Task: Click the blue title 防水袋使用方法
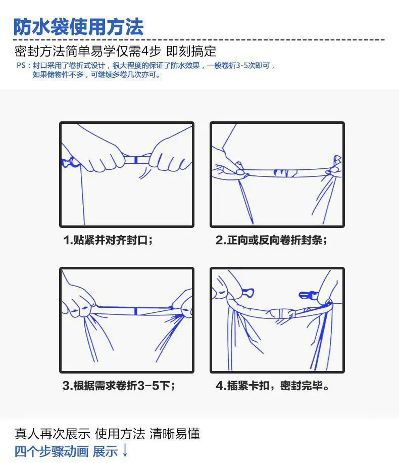pos(78,27)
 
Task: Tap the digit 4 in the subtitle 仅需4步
pos(145,52)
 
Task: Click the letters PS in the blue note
pos(21,65)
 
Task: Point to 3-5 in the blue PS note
pos(242,65)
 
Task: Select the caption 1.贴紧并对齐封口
pos(108,240)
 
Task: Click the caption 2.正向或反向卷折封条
pos(272,240)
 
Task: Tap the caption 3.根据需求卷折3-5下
pos(119,385)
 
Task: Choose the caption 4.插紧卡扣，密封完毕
pos(272,385)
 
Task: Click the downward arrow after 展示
pos(125,450)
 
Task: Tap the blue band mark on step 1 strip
pos(136,160)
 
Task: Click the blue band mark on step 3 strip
pos(135,311)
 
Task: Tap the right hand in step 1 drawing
pos(170,157)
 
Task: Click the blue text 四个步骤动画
pos(52,451)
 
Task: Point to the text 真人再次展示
pos(52,434)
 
